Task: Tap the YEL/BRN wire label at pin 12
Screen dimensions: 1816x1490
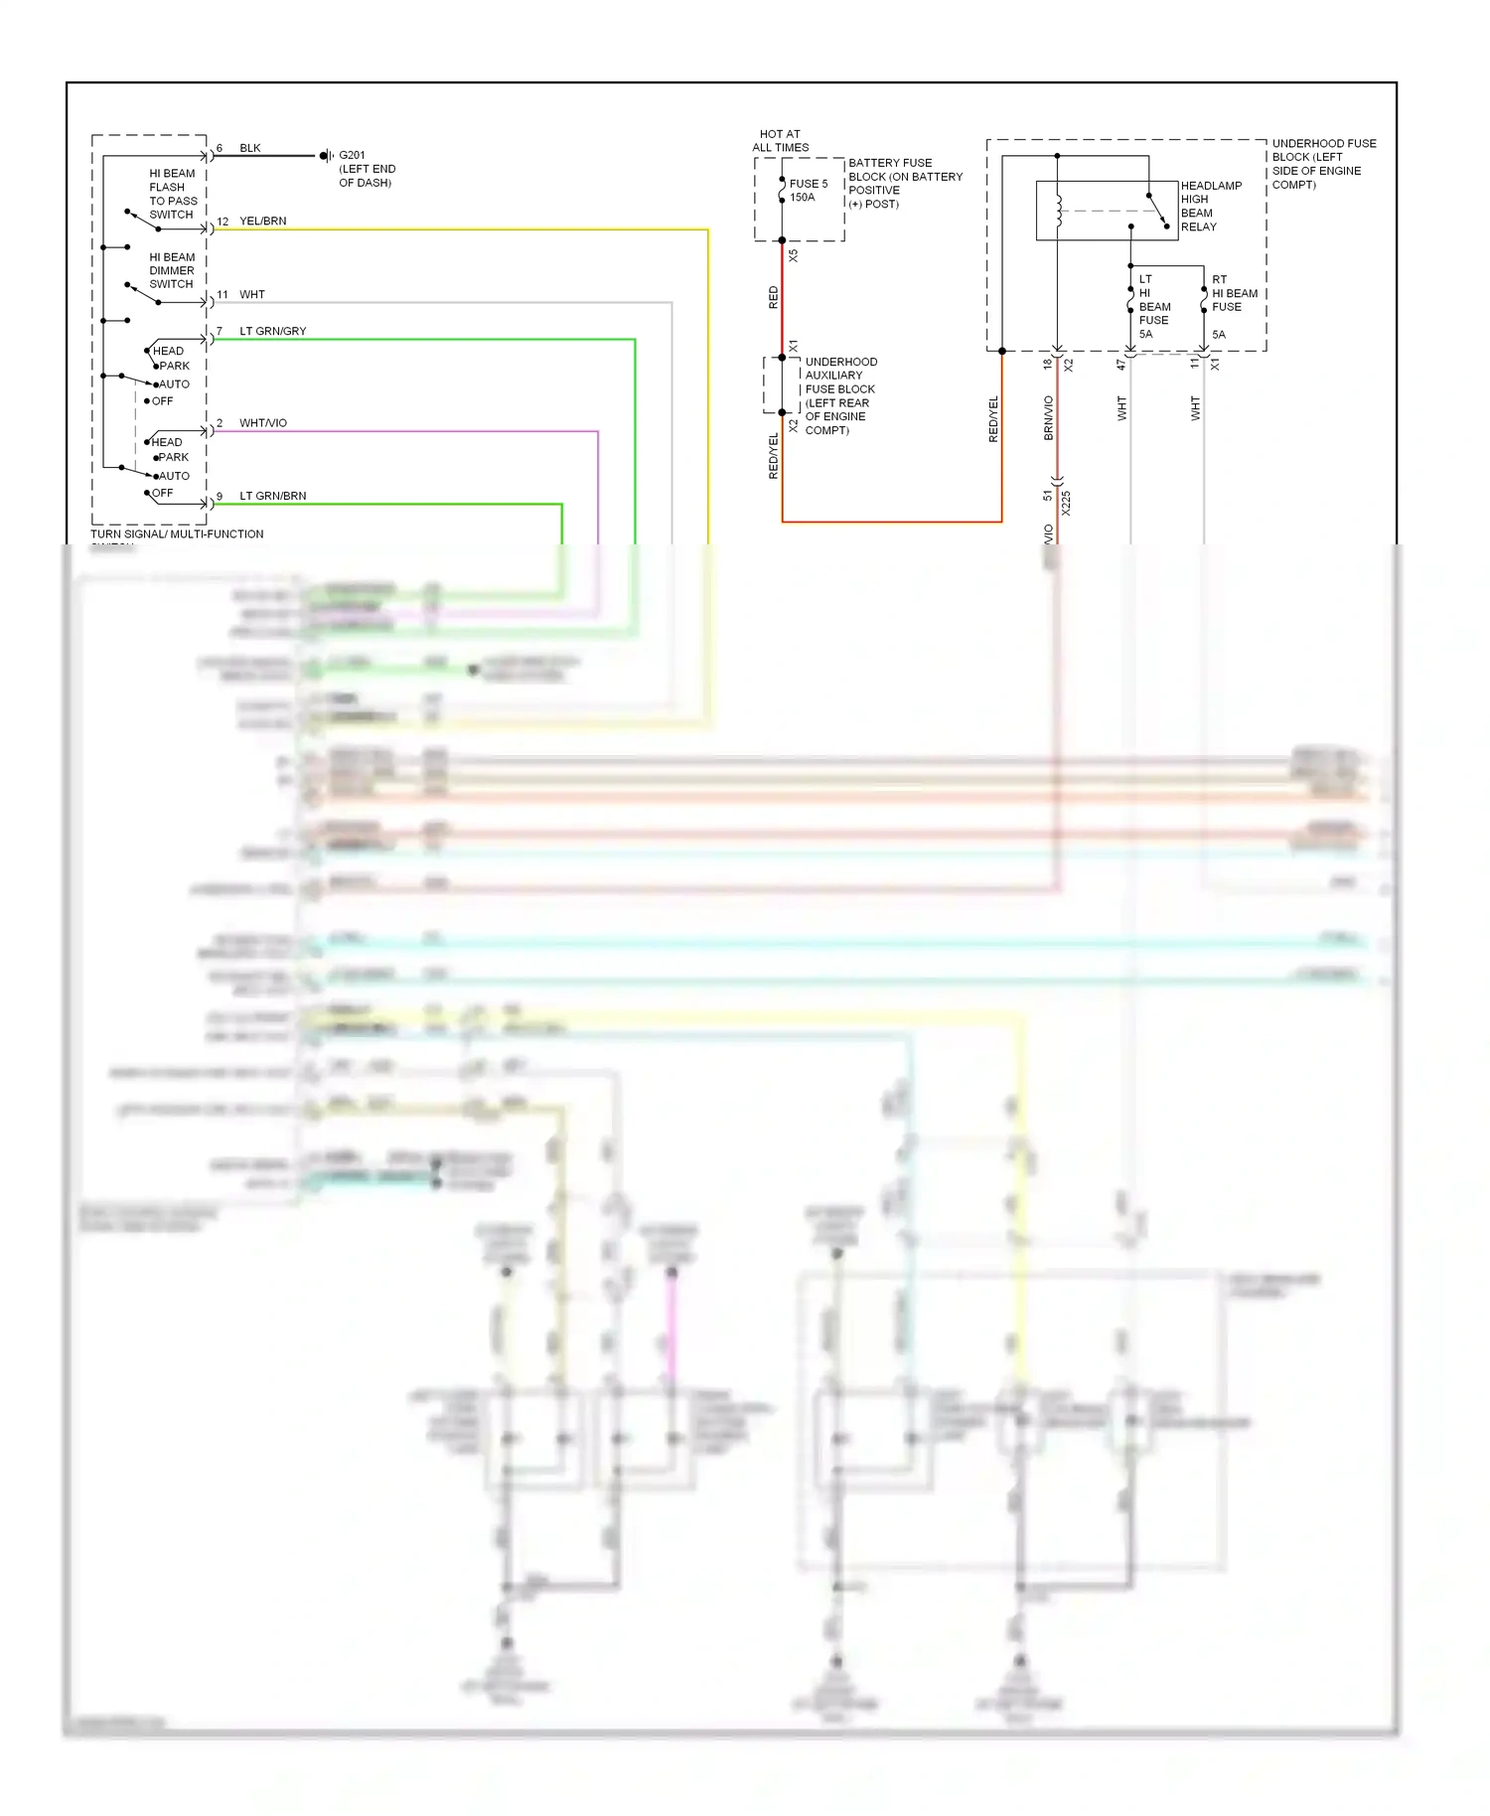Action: (262, 222)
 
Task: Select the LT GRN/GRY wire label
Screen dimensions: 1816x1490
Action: (272, 331)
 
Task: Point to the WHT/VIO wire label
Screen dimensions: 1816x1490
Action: (262, 423)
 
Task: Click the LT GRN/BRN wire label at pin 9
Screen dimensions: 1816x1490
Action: (272, 496)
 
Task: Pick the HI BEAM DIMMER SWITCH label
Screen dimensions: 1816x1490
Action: (172, 270)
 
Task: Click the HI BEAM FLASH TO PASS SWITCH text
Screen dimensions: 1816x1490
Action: (173, 194)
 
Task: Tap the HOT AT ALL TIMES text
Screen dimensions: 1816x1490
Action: (780, 140)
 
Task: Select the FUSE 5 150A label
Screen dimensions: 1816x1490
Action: (808, 191)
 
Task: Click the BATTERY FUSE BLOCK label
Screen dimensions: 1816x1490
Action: (904, 183)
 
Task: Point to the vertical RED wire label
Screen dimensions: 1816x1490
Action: (774, 297)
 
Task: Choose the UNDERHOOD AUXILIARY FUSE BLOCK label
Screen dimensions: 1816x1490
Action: (840, 395)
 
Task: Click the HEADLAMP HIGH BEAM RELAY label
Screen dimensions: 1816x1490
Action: (1210, 206)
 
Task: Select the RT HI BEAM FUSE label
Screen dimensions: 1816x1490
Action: (1233, 294)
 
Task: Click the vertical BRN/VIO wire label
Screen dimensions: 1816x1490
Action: (1048, 417)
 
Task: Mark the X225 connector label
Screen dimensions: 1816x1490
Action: (1066, 502)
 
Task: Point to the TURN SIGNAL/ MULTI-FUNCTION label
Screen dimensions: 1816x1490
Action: (177, 534)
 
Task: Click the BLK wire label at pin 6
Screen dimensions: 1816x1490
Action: (249, 148)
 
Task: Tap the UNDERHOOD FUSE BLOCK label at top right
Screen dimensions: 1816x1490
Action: (1322, 164)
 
